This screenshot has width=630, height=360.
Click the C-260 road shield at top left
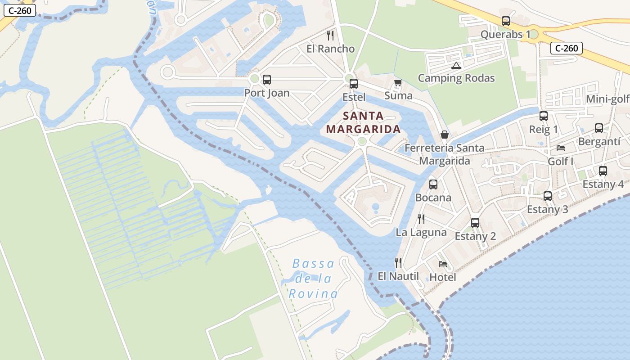click(x=19, y=10)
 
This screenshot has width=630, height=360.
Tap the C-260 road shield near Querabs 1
click(x=567, y=48)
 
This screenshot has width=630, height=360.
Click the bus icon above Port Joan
click(x=267, y=80)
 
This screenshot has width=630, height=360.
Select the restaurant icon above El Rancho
click(x=331, y=35)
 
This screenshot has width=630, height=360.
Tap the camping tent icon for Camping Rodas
click(x=456, y=65)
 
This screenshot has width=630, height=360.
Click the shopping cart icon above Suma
click(x=398, y=83)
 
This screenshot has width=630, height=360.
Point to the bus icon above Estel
click(x=354, y=83)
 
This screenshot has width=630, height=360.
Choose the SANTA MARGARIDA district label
click(x=363, y=123)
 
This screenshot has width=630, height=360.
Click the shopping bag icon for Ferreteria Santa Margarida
click(x=445, y=135)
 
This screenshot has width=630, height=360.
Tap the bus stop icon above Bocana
click(x=433, y=184)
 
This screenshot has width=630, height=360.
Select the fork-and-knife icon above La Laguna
click(x=421, y=219)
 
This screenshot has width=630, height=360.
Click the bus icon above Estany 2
click(x=475, y=222)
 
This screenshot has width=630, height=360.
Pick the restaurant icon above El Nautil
click(x=398, y=262)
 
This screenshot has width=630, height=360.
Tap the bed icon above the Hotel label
click(x=443, y=264)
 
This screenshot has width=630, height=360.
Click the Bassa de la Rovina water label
click(x=313, y=279)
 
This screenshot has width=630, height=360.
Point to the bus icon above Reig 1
click(x=544, y=116)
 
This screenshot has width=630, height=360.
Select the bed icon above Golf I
click(x=561, y=148)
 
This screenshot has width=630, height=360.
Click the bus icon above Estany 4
click(x=603, y=171)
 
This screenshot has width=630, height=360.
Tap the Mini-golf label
click(x=607, y=99)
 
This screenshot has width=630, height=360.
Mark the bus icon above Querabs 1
click(x=506, y=21)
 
